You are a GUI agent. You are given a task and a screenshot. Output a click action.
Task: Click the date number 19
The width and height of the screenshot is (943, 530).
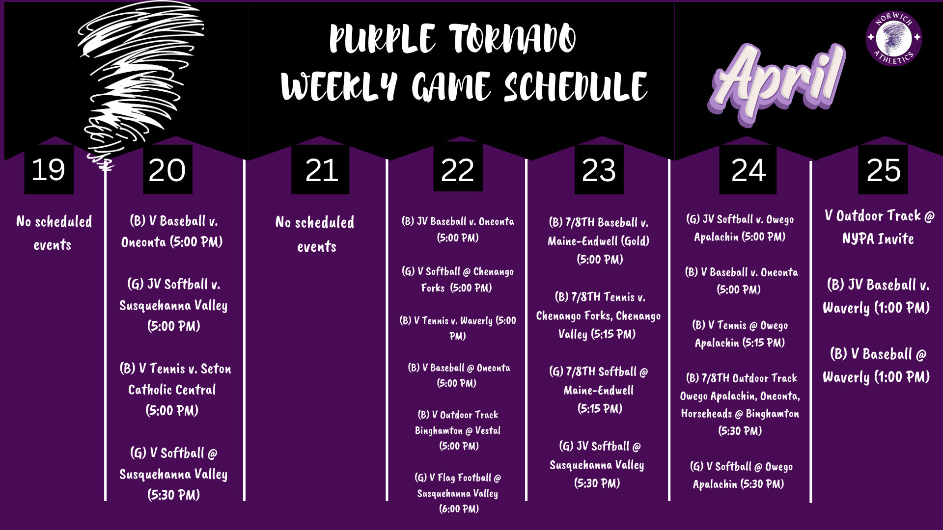[x=49, y=170]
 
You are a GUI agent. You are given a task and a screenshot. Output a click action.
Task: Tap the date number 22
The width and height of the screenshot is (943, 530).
[x=457, y=170]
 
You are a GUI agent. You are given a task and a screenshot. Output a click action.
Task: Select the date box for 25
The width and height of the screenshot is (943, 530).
[x=883, y=170]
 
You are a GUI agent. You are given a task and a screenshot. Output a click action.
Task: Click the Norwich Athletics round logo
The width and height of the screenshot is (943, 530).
[x=893, y=38]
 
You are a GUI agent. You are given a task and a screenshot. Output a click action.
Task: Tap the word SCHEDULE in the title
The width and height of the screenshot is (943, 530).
[x=576, y=87]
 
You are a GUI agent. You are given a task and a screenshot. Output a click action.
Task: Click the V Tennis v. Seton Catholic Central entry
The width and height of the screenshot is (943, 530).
[x=174, y=389]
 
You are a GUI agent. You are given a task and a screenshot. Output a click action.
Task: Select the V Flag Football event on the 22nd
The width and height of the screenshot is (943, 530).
[x=458, y=493]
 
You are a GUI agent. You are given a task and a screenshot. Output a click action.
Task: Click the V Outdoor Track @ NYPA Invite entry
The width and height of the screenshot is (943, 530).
[x=879, y=227]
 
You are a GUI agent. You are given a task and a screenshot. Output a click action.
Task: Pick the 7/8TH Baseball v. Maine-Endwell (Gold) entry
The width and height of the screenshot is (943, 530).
[x=599, y=240]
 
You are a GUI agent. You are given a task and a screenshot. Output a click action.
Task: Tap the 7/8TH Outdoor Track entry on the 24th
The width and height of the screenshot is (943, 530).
[x=740, y=404]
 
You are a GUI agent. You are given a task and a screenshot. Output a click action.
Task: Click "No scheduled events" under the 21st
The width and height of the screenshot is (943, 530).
[x=315, y=234]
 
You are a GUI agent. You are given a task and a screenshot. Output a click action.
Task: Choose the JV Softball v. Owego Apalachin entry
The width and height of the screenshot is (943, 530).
[x=740, y=228]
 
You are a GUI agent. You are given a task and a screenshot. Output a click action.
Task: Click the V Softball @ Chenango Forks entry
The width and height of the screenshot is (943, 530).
[x=458, y=279]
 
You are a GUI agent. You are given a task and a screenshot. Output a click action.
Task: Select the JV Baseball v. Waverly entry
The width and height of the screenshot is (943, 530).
[x=877, y=296]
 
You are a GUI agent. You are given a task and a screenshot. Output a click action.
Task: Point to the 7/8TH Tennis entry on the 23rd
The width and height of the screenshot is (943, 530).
[x=598, y=316]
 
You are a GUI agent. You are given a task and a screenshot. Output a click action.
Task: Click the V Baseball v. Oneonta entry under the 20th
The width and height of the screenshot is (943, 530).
[x=173, y=231]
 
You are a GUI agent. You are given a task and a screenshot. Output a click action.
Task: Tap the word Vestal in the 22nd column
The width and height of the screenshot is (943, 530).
[x=488, y=430]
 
